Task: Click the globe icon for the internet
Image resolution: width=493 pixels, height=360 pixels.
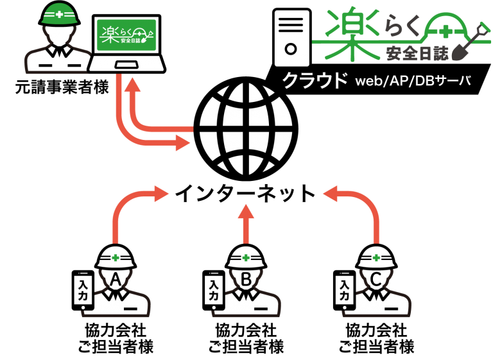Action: click(246, 130)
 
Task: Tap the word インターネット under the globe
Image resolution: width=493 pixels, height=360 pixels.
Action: click(245, 194)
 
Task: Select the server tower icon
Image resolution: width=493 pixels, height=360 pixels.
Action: click(292, 38)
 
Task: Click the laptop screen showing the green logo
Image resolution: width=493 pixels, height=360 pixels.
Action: click(126, 35)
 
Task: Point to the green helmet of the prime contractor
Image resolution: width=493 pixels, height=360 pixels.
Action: click(59, 14)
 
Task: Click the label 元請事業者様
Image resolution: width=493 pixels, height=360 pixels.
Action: click(62, 87)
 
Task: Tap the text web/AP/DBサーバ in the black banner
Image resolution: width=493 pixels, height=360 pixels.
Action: click(413, 81)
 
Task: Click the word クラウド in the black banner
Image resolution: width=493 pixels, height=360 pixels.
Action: click(315, 80)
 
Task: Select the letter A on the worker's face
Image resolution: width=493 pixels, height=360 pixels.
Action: click(116, 279)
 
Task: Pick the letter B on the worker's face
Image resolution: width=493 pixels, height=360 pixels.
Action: click(246, 279)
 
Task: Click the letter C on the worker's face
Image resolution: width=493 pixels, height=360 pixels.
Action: click(376, 279)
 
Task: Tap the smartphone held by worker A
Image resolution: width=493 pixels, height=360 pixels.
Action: click(83, 290)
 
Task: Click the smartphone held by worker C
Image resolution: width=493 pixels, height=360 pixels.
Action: click(344, 290)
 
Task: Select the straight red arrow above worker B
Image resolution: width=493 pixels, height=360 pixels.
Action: click(246, 224)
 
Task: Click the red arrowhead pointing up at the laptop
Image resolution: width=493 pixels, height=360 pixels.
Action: click(132, 84)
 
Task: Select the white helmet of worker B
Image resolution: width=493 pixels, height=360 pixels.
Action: click(246, 256)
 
